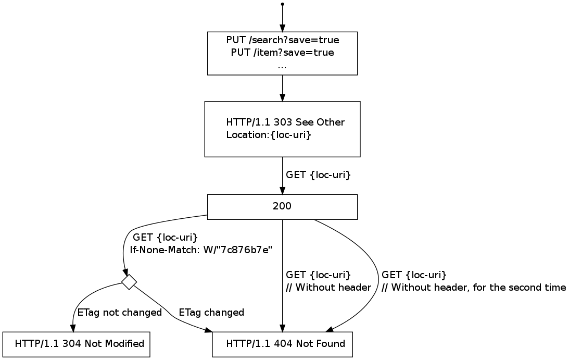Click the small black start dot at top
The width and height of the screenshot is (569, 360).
point(282,4)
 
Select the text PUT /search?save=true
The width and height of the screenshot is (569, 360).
point(283,40)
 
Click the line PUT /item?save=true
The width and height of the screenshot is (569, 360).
point(282,53)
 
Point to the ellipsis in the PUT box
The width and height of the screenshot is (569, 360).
point(282,66)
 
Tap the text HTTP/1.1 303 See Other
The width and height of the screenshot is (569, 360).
point(285,122)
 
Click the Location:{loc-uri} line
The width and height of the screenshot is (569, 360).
point(269,135)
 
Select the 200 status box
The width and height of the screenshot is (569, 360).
point(282,206)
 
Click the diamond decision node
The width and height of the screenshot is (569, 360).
point(129,282)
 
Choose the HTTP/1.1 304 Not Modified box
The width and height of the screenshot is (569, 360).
point(76,344)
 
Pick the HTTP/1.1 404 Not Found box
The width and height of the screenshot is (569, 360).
point(282,344)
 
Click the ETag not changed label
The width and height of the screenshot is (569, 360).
point(120,313)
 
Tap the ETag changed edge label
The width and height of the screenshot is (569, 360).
point(211,313)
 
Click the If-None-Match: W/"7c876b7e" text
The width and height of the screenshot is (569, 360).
point(201,250)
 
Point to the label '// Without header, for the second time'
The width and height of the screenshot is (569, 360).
point(473,287)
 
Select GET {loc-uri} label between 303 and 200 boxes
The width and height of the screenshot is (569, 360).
point(318,175)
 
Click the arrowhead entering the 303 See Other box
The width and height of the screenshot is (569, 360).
point(282,97)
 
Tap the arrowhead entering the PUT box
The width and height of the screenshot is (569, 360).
point(282,28)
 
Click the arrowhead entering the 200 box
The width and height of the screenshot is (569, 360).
point(282,191)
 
